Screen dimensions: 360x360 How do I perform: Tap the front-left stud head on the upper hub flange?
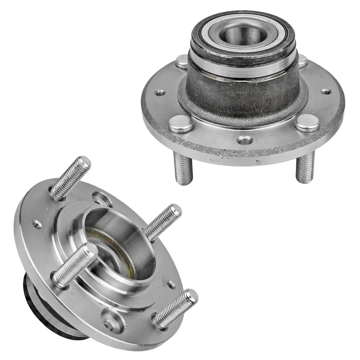click(x=180, y=124)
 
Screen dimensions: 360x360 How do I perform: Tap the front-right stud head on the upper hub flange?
click(x=307, y=123)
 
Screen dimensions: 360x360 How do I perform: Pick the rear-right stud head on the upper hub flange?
click(x=301, y=60)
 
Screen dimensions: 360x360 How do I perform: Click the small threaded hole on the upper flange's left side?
click(x=160, y=93)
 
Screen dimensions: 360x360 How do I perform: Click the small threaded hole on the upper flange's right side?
click(x=326, y=91)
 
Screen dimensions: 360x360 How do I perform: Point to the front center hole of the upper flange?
click(x=244, y=140)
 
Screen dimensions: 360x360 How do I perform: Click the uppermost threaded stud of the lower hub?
click(x=71, y=176)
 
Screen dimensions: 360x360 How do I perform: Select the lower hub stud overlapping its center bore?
click(x=75, y=264)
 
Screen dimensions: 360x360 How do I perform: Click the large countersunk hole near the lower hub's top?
click(x=102, y=199)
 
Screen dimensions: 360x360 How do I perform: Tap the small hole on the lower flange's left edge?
click(x=37, y=225)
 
